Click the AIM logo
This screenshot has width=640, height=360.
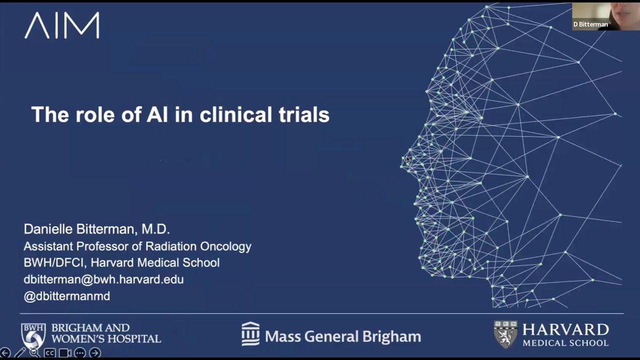(62, 25)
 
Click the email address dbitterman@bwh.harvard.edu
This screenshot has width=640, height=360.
(103, 279)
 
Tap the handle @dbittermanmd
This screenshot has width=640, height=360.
(66, 296)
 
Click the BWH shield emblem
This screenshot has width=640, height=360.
(33, 335)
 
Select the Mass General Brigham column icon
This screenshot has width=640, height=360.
(250, 333)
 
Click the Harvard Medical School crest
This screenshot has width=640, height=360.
(505, 334)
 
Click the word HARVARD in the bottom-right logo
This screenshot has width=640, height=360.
(565, 330)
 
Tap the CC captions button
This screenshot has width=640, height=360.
(49, 353)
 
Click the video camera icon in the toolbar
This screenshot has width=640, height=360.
(64, 353)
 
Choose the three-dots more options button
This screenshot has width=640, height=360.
(79, 353)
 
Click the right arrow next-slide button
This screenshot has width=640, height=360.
(94, 353)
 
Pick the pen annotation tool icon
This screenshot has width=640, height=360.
(19, 353)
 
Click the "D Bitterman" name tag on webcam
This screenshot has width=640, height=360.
(590, 24)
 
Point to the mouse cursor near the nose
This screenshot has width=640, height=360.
(407, 159)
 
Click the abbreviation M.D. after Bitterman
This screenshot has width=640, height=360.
(155, 229)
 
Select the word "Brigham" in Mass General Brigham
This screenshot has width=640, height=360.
(392, 336)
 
